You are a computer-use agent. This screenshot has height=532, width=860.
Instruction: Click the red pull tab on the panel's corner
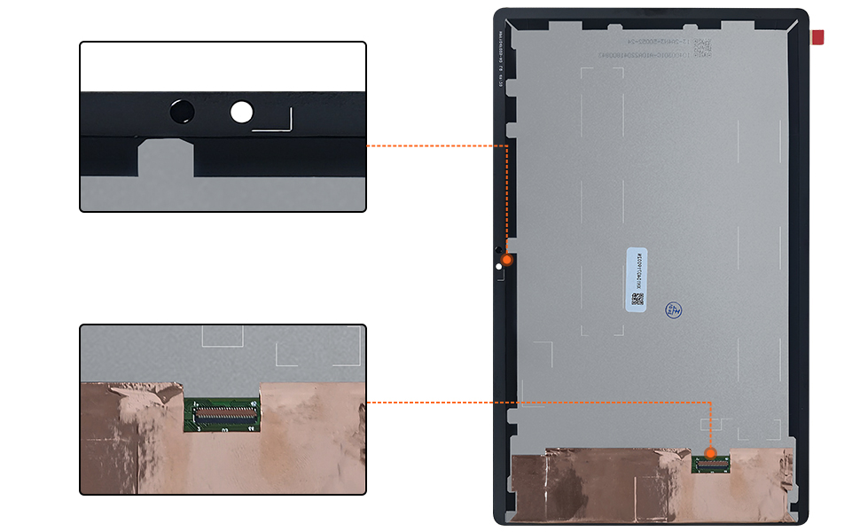point(817,37)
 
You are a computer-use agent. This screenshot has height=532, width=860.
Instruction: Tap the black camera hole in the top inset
point(182,112)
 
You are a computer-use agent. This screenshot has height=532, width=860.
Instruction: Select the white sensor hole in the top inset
point(241,112)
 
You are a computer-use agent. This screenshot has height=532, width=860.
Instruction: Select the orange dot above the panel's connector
point(710,453)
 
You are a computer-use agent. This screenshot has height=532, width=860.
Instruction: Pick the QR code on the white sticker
point(637,299)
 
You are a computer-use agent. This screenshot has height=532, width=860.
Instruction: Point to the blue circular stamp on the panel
point(674,309)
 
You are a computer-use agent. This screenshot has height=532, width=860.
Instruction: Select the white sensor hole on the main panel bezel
point(499,263)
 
